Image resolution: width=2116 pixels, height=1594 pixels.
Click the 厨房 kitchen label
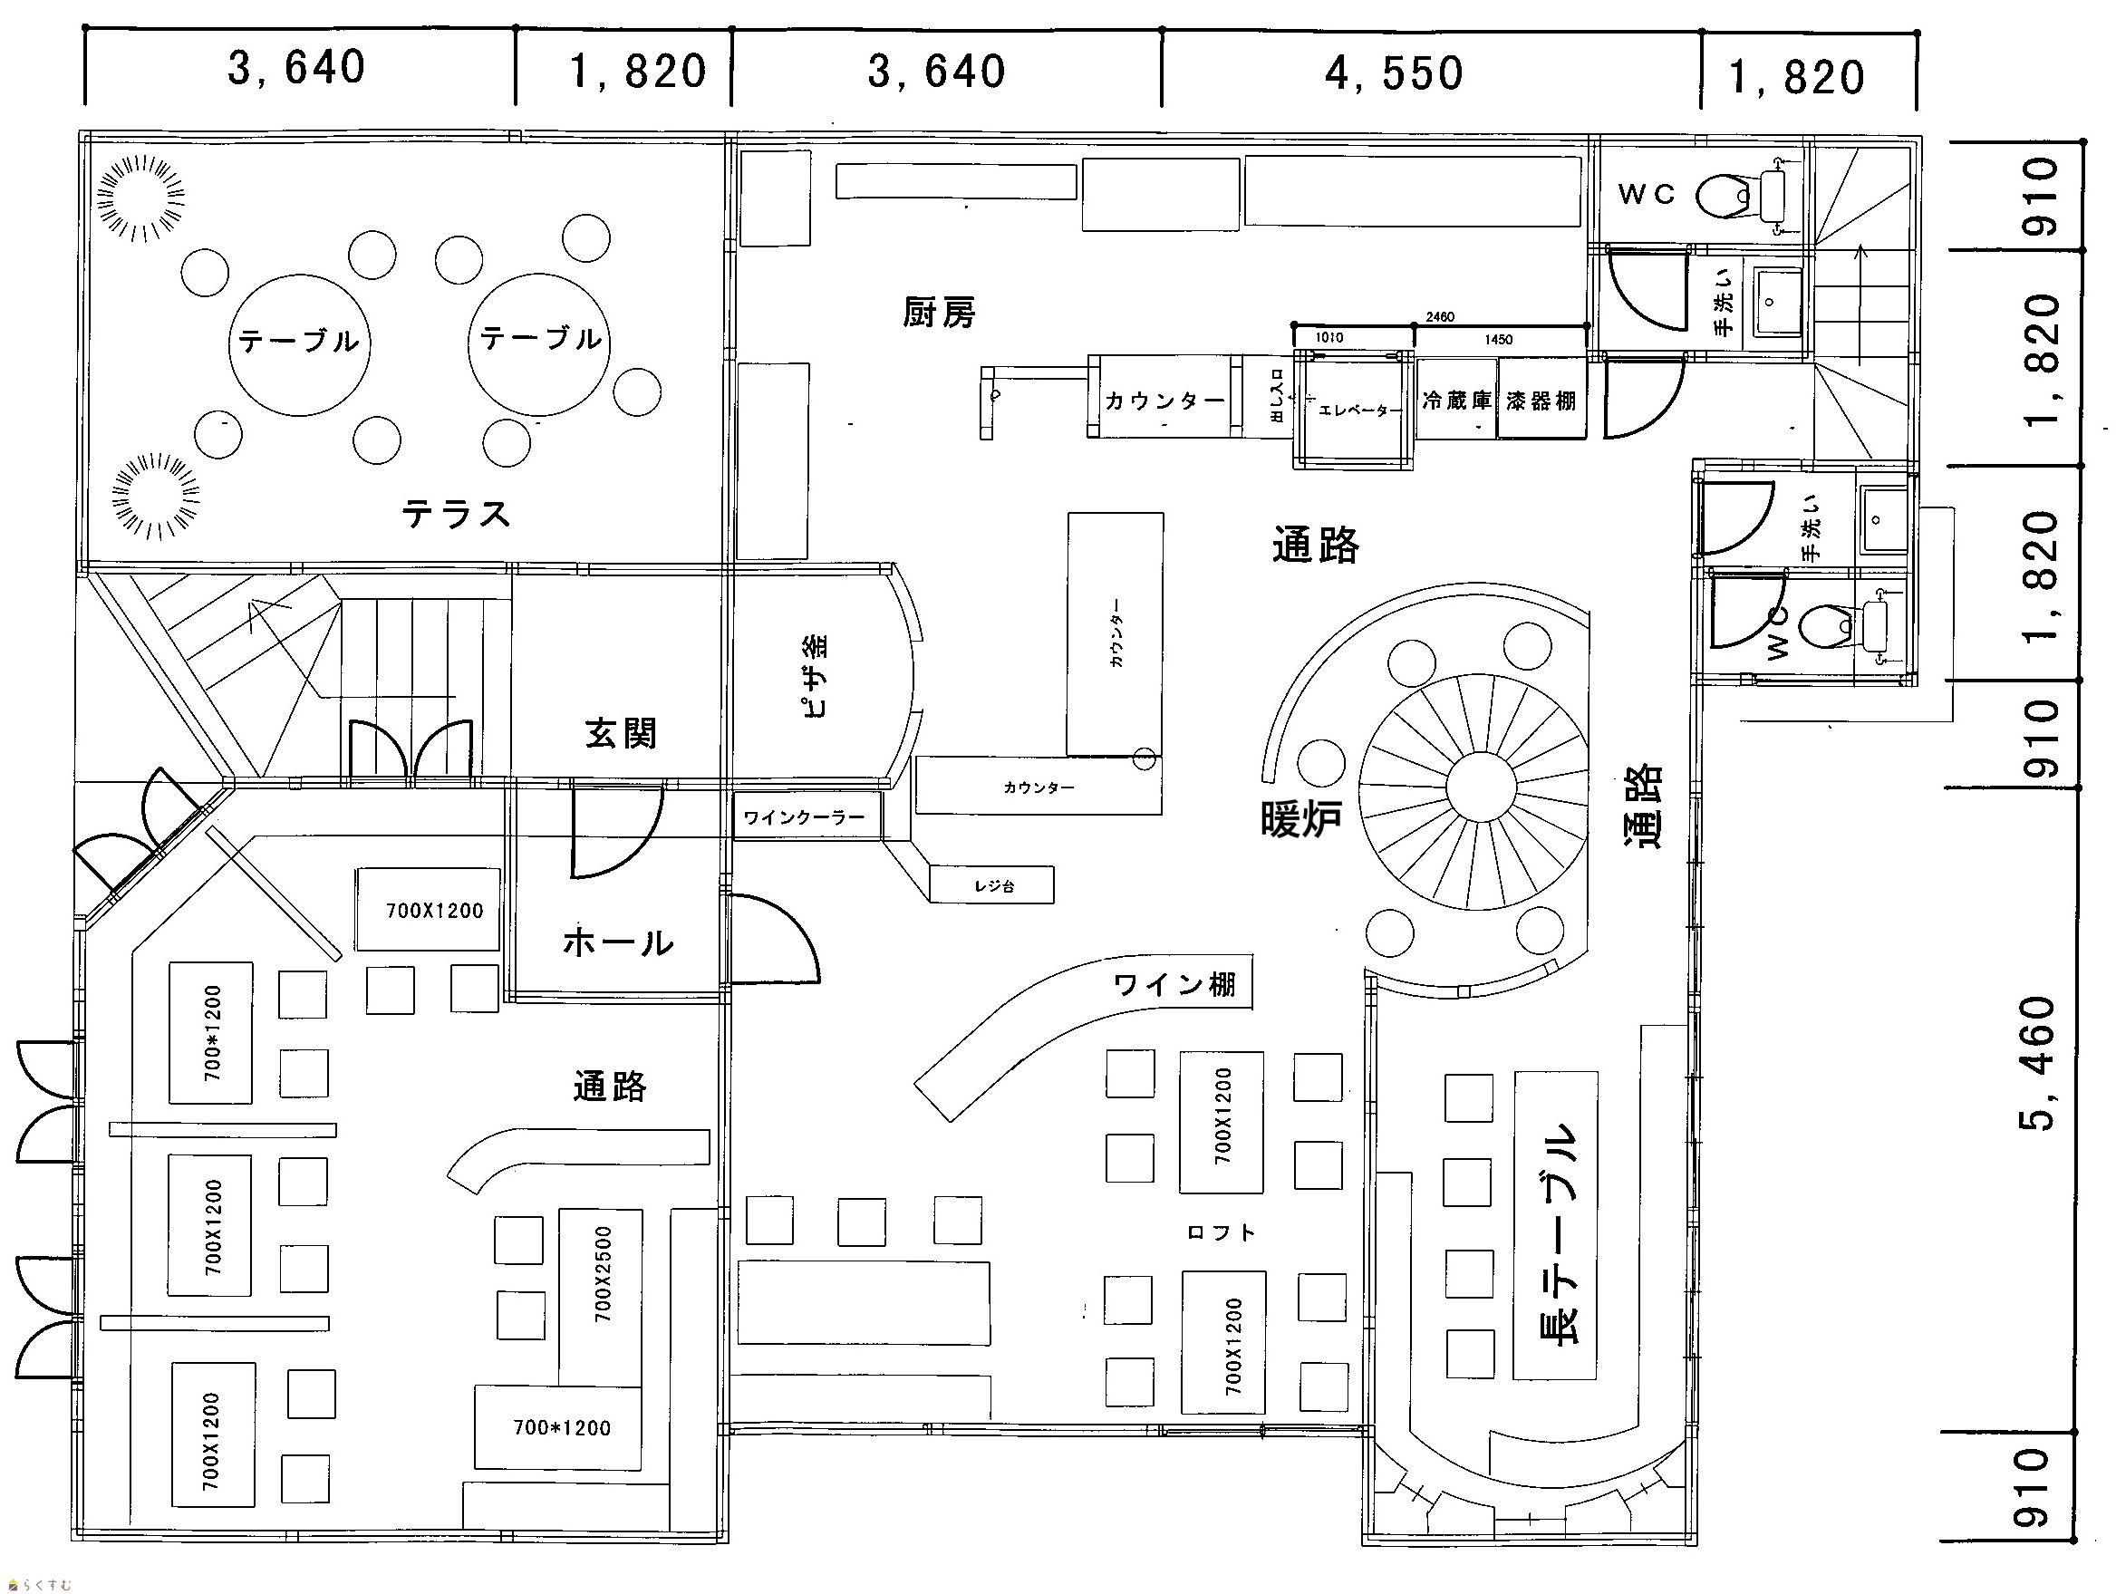[939, 312]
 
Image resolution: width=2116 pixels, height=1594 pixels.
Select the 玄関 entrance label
[620, 734]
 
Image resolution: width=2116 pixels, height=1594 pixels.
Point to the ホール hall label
[618, 942]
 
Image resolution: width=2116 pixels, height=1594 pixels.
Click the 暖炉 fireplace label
[1300, 819]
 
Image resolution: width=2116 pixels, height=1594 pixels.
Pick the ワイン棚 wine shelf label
[1174, 984]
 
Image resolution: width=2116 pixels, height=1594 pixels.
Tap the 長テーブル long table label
[1554, 1234]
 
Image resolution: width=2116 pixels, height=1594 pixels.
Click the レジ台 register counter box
[993, 886]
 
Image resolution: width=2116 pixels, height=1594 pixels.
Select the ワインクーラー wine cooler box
[804, 817]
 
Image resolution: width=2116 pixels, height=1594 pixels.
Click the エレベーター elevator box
[1355, 409]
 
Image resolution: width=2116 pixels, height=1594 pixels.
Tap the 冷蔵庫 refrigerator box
[1456, 400]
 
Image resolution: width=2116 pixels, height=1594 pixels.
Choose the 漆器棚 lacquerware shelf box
[1541, 400]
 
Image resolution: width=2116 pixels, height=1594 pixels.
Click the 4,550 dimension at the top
[1394, 73]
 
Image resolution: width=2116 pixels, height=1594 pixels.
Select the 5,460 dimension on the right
[2040, 1064]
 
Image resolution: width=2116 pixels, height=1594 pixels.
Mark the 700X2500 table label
[602, 1273]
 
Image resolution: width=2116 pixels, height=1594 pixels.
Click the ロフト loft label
[1221, 1233]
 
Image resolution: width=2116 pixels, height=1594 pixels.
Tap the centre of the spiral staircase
[1481, 787]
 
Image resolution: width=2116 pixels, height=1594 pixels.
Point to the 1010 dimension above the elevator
[1329, 338]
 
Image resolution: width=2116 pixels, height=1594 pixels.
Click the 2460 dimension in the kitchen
[1440, 316]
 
